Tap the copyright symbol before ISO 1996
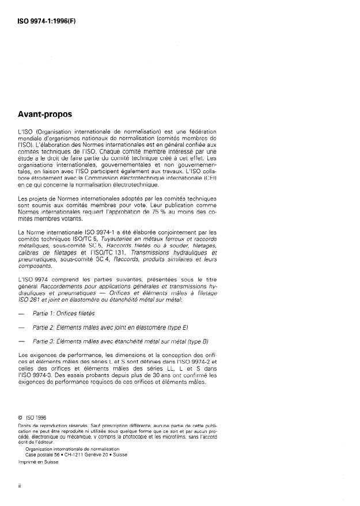click(21, 418)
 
